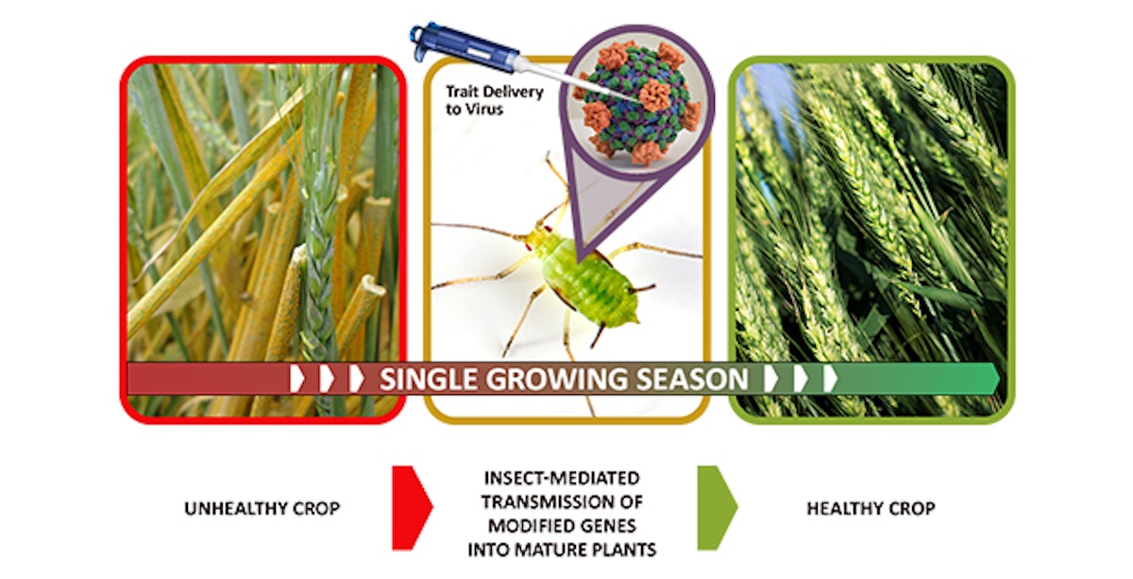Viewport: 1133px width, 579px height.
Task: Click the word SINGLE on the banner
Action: [x=426, y=380]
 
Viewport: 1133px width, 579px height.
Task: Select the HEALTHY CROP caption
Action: [x=870, y=509]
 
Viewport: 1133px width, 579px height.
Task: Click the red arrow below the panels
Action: [x=410, y=508]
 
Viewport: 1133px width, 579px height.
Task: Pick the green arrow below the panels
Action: [x=716, y=508]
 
